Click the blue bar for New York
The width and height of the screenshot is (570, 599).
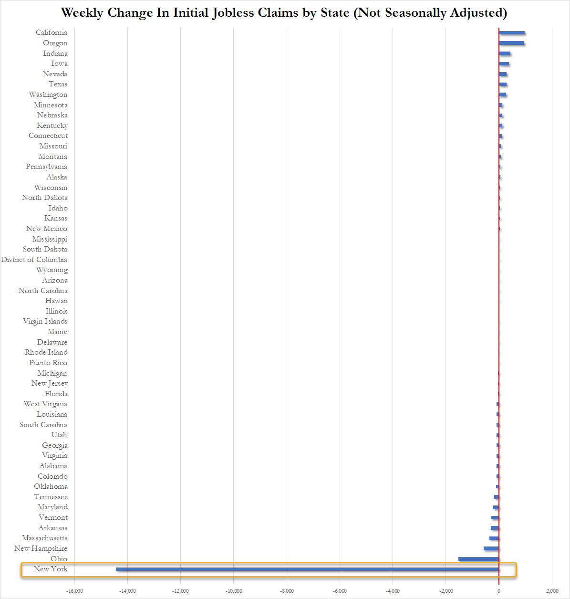[x=307, y=569]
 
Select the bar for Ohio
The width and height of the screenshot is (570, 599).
[x=478, y=559]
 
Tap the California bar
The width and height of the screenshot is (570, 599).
[x=512, y=32]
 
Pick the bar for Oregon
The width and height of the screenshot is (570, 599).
[x=511, y=43]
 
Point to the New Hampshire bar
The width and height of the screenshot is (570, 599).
[x=491, y=548]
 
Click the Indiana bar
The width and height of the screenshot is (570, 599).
[x=505, y=53]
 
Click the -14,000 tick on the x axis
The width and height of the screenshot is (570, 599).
[x=127, y=591]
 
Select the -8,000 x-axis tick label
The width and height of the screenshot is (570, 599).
[x=287, y=591]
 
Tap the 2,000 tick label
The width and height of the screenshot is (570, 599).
[x=552, y=591]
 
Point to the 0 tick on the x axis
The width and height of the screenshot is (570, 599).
[x=499, y=591]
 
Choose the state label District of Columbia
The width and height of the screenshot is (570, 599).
[x=34, y=260]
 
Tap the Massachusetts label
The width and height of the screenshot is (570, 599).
[x=44, y=538]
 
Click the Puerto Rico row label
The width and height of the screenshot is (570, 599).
[x=48, y=363]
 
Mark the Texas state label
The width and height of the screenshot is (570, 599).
[x=58, y=84]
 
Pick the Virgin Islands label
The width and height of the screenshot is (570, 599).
[x=45, y=321]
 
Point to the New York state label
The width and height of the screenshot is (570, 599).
[x=51, y=569]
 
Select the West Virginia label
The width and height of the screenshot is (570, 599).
[x=45, y=404]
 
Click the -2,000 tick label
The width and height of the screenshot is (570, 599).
[x=446, y=591]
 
